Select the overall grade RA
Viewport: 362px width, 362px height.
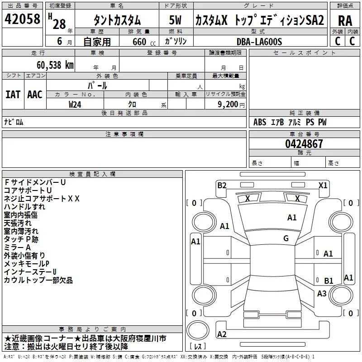[345, 20]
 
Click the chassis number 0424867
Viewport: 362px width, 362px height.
[304, 144]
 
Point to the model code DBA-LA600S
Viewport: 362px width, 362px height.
[259, 42]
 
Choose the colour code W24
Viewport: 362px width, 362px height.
[75, 104]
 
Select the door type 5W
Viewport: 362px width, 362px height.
[174, 20]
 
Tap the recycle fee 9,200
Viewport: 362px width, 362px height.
[228, 104]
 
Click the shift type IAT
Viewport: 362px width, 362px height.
[13, 94]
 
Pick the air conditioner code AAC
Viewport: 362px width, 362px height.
[34, 94]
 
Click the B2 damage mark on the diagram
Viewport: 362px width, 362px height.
[222, 185]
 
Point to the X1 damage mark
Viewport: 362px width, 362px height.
[323, 185]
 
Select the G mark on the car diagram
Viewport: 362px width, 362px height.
[286, 238]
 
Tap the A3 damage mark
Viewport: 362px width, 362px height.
[322, 294]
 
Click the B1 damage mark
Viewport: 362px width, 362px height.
[329, 281]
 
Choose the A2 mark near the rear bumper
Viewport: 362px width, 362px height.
[222, 334]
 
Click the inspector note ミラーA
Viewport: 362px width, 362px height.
[17, 247]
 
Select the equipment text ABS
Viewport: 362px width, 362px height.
[260, 122]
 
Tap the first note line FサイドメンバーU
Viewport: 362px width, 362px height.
[35, 182]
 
